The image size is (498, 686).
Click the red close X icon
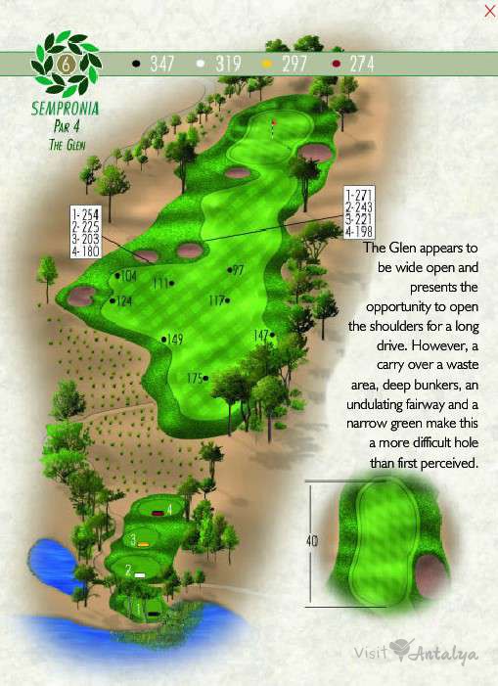coord(489,11)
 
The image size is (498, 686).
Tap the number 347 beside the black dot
coord(161,64)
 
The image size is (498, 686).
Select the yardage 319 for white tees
coord(228,64)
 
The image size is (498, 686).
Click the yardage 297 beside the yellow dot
coord(294,64)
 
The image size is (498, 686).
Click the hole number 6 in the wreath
coord(67,62)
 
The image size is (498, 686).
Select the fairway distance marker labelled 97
coord(237,270)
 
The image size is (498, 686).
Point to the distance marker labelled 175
coord(196,378)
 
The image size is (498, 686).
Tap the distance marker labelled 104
coord(124,277)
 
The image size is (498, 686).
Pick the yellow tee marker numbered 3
coord(143,542)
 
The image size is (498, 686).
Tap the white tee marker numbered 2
coord(140,573)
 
